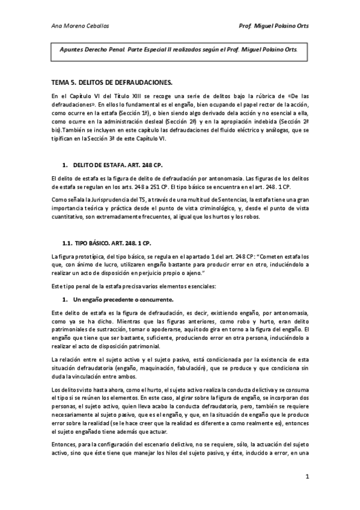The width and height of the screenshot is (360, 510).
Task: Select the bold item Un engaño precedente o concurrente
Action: pos(123,299)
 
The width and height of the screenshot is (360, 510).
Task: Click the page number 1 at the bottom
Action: pos(307,478)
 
